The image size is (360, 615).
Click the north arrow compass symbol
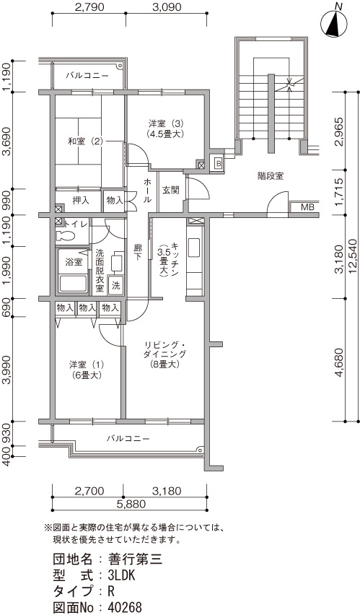(x=333, y=25)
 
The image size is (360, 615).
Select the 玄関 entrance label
(x=171, y=191)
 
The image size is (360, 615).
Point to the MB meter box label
(x=307, y=207)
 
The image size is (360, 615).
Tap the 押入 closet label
(x=81, y=201)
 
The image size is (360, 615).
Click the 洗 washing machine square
(x=115, y=286)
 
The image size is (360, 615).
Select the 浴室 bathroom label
(x=74, y=261)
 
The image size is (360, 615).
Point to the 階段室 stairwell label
(x=271, y=176)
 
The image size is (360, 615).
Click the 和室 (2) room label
(x=85, y=141)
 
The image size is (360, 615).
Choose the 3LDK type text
(x=122, y=576)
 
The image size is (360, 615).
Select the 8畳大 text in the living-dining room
(x=164, y=364)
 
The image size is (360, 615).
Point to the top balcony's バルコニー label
(x=87, y=75)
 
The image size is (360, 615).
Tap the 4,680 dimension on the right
(x=340, y=361)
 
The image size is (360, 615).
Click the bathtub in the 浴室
(x=73, y=283)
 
